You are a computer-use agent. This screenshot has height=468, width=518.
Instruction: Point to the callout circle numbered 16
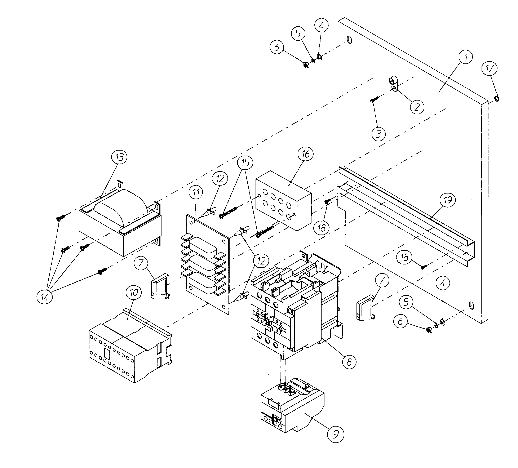point(305,154)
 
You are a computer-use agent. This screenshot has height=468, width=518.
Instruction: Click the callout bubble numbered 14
point(44,297)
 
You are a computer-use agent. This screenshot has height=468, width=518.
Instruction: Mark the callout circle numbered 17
point(490,69)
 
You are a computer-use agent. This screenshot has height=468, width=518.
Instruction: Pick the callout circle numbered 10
point(134,293)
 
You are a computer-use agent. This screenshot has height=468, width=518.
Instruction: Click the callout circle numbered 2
point(417,107)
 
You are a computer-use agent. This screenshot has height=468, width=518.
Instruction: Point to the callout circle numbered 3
point(378,134)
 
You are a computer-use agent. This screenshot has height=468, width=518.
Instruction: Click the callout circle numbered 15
point(245,162)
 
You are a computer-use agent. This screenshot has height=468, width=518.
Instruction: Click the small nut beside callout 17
point(497,98)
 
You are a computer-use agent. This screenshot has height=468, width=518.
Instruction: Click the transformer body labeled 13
point(121,226)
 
